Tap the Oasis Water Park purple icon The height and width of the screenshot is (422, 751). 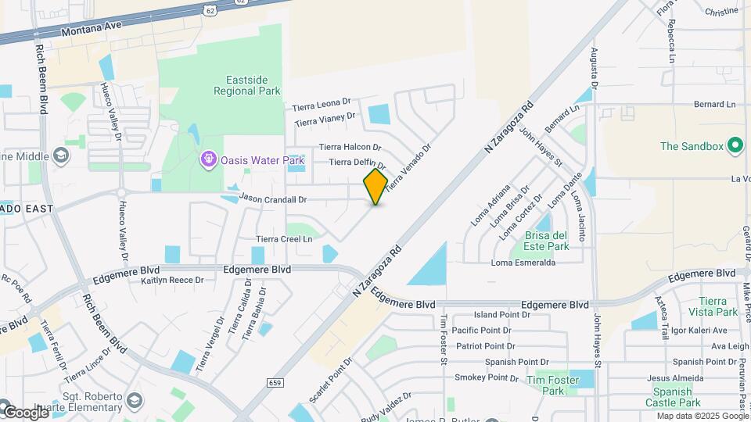coord(208,160)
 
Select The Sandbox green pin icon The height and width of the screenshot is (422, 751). coord(735,145)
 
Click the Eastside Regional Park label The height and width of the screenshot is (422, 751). coord(247,85)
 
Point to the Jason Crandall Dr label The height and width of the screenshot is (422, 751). coord(273,199)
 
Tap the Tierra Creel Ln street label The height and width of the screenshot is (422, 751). coord(284,239)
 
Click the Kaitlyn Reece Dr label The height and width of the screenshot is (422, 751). coord(172,280)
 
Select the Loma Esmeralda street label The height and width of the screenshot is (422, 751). coord(523,263)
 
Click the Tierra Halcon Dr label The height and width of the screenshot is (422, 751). coord(350,147)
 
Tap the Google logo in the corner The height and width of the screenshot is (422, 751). coord(26,411)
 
